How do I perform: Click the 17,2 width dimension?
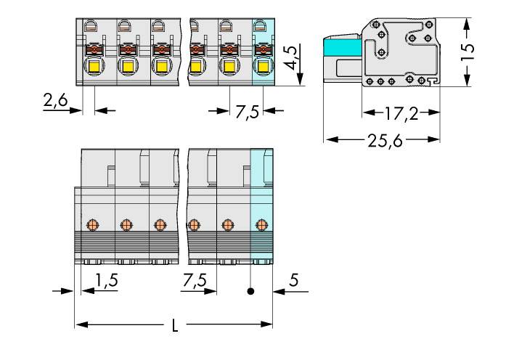pyautogui.click(x=401, y=113)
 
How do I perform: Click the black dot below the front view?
pyautogui.click(x=250, y=292)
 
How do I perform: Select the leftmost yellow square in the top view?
pyautogui.click(x=93, y=67)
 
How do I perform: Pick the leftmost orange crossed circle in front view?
pyautogui.click(x=91, y=224)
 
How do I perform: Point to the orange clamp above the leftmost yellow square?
pyautogui.click(x=93, y=50)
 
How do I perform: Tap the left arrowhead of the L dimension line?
pyautogui.click(x=79, y=324)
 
